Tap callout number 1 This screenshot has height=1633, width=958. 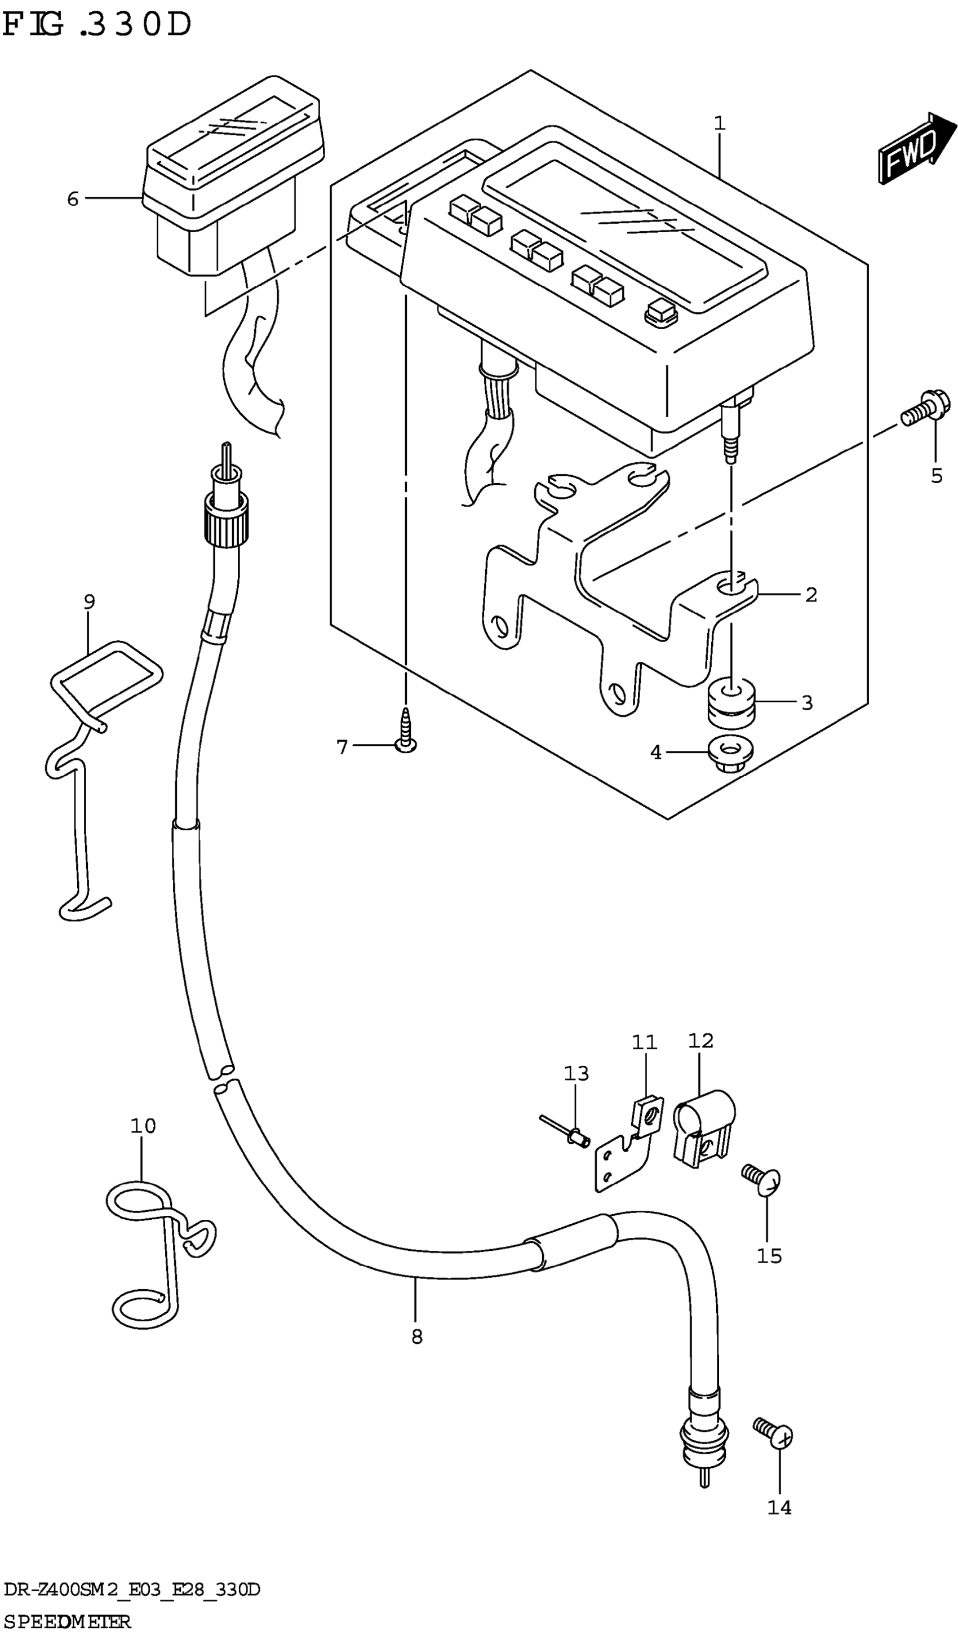click(x=720, y=123)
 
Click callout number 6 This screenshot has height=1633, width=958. click(x=73, y=199)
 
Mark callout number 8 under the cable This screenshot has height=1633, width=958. click(x=416, y=1336)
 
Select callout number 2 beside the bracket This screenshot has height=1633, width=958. click(x=811, y=594)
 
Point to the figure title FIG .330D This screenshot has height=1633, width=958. click(x=97, y=26)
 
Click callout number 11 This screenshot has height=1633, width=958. click(x=645, y=1043)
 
